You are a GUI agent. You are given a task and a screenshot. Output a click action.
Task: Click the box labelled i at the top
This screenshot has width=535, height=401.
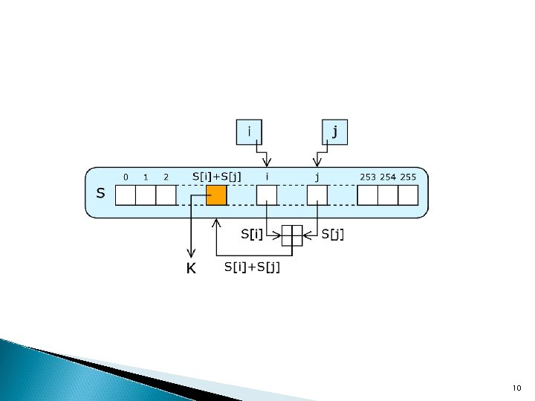coord(249,132)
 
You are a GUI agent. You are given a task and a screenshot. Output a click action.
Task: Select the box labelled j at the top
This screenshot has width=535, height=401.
coord(335,132)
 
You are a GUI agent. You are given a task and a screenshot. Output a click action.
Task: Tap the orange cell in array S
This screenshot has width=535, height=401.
coord(216,195)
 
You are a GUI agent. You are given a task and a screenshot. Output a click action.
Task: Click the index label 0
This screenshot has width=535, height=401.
coord(126,177)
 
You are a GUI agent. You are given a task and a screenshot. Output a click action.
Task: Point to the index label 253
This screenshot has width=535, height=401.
coord(368,177)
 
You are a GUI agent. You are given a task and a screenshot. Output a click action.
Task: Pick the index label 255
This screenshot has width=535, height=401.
coord(409,177)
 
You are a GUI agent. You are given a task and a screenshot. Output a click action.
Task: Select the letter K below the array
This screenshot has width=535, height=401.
coord(191,269)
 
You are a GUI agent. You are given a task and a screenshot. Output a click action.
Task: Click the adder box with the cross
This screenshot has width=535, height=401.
coord(292,235)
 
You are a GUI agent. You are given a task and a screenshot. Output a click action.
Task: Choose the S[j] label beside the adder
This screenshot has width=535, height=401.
coord(332,234)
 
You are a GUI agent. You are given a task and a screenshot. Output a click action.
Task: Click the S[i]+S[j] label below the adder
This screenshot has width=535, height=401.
coord(253,267)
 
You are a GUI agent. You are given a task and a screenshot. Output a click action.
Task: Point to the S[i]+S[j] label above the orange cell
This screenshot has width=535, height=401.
coord(216,176)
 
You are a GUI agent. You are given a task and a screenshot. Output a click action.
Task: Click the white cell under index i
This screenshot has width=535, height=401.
coord(267,195)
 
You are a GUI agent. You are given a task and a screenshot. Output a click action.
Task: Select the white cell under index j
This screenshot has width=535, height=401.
coord(317,195)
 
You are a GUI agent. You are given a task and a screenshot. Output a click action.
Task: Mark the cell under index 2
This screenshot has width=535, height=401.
coord(166,195)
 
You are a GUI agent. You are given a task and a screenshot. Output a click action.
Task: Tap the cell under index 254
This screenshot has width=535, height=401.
coord(388,195)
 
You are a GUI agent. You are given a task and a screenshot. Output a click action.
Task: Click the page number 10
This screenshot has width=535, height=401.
coord(517,388)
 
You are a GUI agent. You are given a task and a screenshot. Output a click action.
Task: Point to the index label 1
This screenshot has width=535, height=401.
coord(146,177)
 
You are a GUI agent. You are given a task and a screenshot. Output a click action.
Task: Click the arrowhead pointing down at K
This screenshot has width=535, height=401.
coord(191,255)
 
